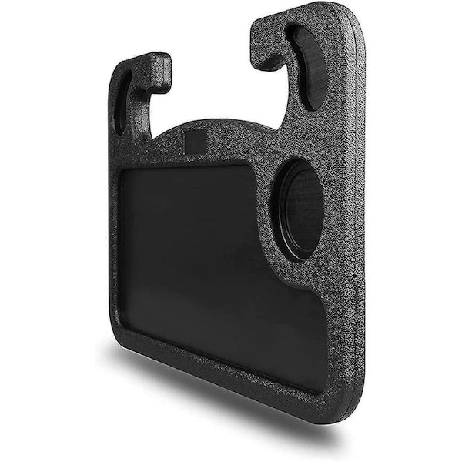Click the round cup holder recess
point(301,209)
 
